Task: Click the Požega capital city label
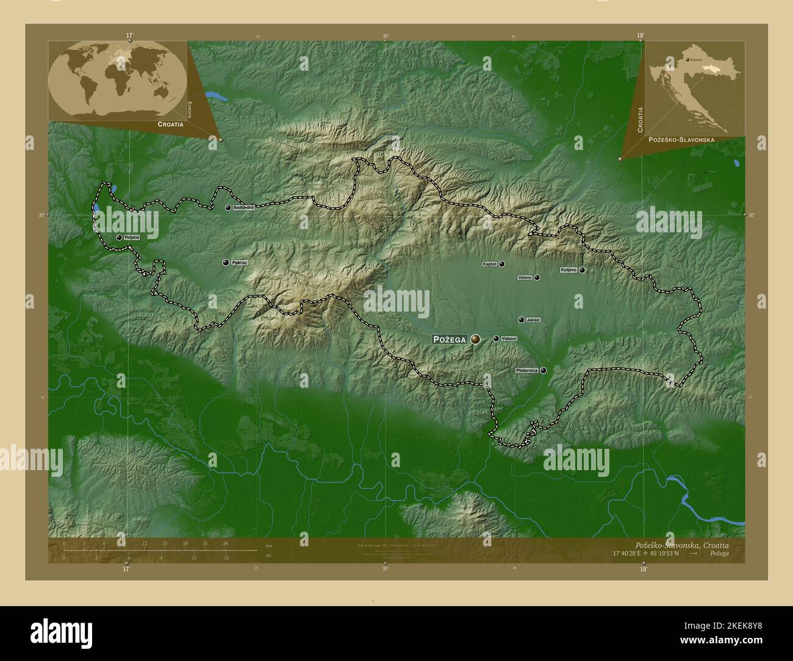click(450, 339)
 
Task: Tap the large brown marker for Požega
click(475, 339)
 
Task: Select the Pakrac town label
click(240, 263)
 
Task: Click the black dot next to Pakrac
click(226, 263)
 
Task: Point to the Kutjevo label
click(569, 270)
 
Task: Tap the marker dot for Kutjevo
click(583, 270)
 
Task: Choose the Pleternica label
click(526, 370)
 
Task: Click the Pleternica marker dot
click(543, 370)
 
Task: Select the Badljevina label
click(243, 208)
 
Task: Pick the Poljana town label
click(132, 237)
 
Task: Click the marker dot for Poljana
click(119, 237)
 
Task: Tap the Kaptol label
click(489, 265)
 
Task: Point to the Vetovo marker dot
click(537, 277)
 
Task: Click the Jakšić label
click(533, 320)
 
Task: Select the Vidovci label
click(509, 338)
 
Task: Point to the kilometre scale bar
click(145, 550)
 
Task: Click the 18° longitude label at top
click(640, 35)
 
